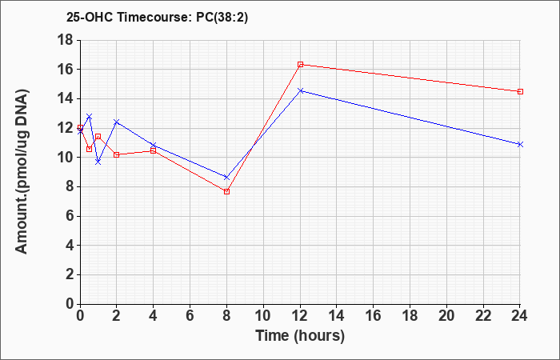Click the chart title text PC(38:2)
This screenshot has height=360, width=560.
point(222,17)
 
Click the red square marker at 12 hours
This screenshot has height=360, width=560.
point(300,64)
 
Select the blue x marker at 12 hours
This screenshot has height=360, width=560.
point(300,90)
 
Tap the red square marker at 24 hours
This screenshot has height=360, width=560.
point(520,91)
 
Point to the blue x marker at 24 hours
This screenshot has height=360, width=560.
point(520,144)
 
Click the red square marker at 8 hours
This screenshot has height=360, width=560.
point(226,192)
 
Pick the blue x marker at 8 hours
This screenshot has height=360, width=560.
point(226,177)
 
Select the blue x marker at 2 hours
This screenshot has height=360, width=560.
point(117,122)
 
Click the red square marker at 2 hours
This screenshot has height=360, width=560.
point(117,154)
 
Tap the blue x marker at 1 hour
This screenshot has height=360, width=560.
point(98,162)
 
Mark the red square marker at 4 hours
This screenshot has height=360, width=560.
point(154,150)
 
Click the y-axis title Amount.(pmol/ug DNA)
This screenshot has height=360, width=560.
point(22,171)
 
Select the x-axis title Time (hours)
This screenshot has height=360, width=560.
point(300,336)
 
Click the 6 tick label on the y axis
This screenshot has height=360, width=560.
point(69,216)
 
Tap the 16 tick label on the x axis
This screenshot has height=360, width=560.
point(374,315)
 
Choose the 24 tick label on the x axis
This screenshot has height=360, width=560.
point(520,315)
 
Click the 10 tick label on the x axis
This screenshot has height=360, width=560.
point(263,315)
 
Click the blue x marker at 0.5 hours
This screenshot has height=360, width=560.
point(90,117)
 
